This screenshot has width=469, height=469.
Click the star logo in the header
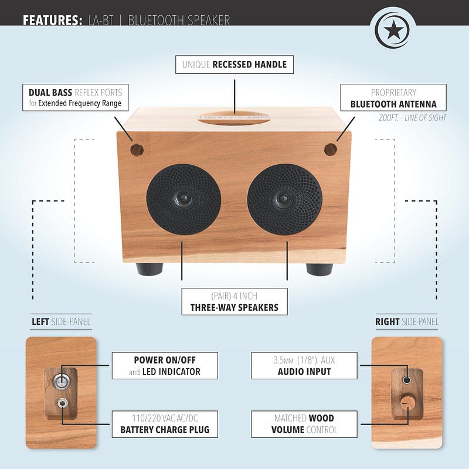(x=393, y=28)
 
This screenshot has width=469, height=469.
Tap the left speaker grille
(x=183, y=199)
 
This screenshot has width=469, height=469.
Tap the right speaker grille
(x=284, y=199)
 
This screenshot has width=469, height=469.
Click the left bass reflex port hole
(x=137, y=149)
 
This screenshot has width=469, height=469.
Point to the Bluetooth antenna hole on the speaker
(x=331, y=149)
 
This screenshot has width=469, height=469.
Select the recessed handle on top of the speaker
(x=234, y=118)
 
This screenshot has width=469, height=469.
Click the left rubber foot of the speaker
(x=149, y=269)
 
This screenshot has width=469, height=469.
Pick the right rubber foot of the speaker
(x=320, y=269)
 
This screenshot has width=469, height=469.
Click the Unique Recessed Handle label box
(x=235, y=64)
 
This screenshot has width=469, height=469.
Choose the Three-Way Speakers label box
(x=235, y=301)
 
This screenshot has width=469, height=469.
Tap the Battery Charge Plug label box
(x=165, y=424)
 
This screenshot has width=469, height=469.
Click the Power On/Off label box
(x=165, y=365)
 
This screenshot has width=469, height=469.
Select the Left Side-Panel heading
(x=61, y=321)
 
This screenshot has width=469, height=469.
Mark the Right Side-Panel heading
(x=407, y=321)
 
